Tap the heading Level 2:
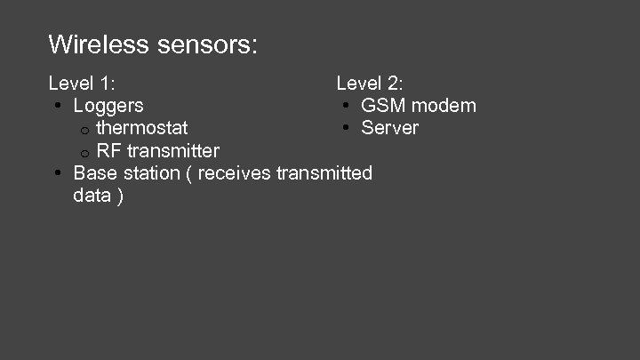click(x=369, y=84)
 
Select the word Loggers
click(x=108, y=106)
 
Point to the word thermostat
click(x=142, y=128)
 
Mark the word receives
click(x=235, y=172)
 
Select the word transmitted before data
click(x=324, y=172)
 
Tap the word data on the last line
click(x=92, y=195)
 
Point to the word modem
click(x=444, y=106)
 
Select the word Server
click(x=389, y=128)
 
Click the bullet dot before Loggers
click(x=57, y=107)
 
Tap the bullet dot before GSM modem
click(x=345, y=107)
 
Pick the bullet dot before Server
click(x=345, y=129)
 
